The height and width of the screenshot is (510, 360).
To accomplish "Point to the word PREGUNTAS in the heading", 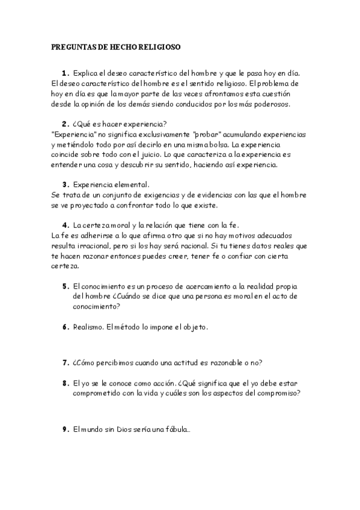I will click(x=72, y=46).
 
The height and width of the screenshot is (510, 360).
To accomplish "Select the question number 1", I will click(x=65, y=73).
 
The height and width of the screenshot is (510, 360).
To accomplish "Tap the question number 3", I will click(x=65, y=184).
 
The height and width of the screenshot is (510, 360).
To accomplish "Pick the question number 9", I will click(x=65, y=429).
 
